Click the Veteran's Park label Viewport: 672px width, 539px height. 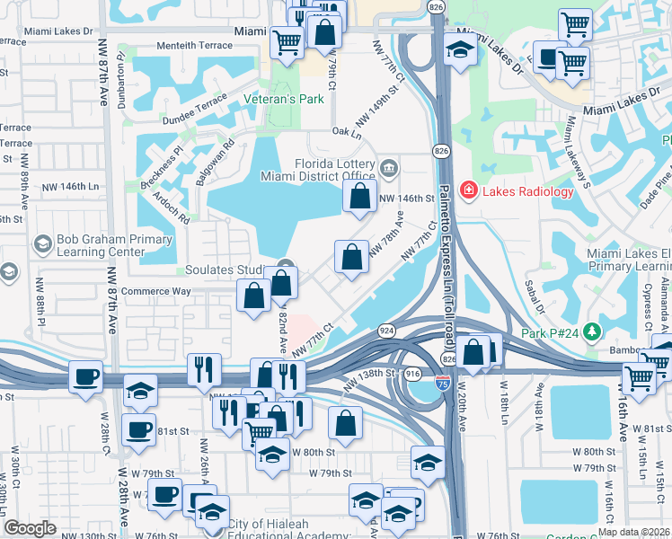283,100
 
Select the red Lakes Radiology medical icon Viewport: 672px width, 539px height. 468,190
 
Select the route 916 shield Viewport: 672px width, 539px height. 413,372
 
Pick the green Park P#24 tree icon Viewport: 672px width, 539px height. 591,333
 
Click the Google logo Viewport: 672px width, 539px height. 30,528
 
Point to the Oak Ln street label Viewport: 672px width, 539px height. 346,132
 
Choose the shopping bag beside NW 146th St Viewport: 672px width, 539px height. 359,197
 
